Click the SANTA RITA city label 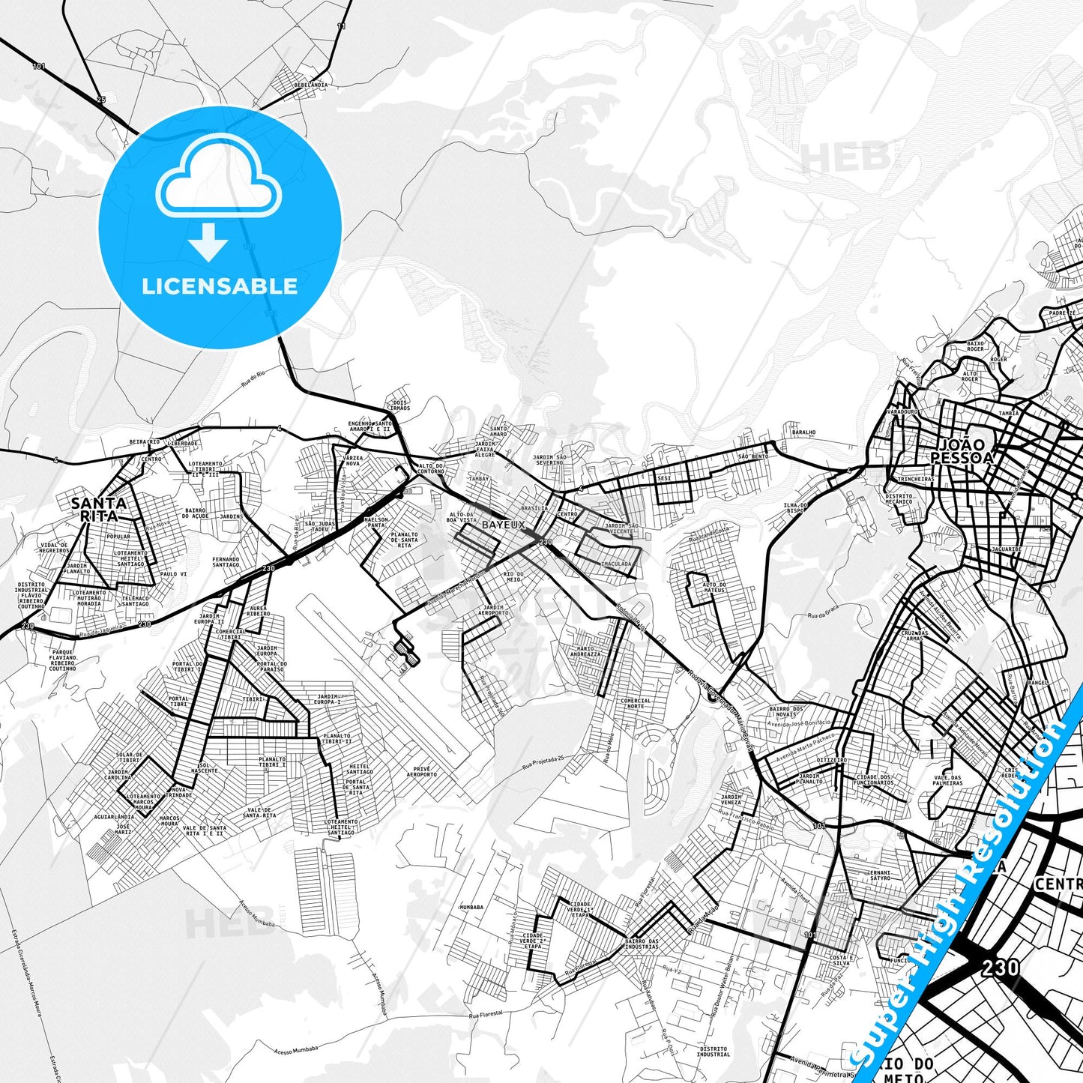[x=98, y=509]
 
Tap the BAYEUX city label [x=503, y=525]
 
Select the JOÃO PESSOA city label [x=962, y=450]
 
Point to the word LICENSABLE [x=220, y=286]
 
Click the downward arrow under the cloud [x=208, y=244]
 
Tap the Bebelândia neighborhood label [x=311, y=85]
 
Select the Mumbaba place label [x=471, y=907]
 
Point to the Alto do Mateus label [x=714, y=587]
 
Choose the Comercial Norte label [x=636, y=703]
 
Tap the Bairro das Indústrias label [x=642, y=944]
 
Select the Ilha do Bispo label [x=794, y=507]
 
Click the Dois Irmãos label [x=402, y=405]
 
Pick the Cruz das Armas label [x=914, y=635]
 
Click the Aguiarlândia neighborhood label [x=114, y=816]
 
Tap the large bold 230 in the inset [x=1000, y=967]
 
